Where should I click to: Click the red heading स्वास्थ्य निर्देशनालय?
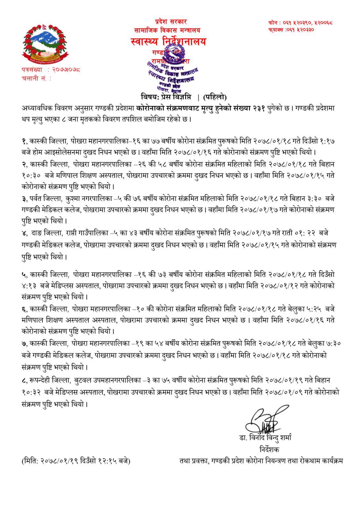point(168,42)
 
